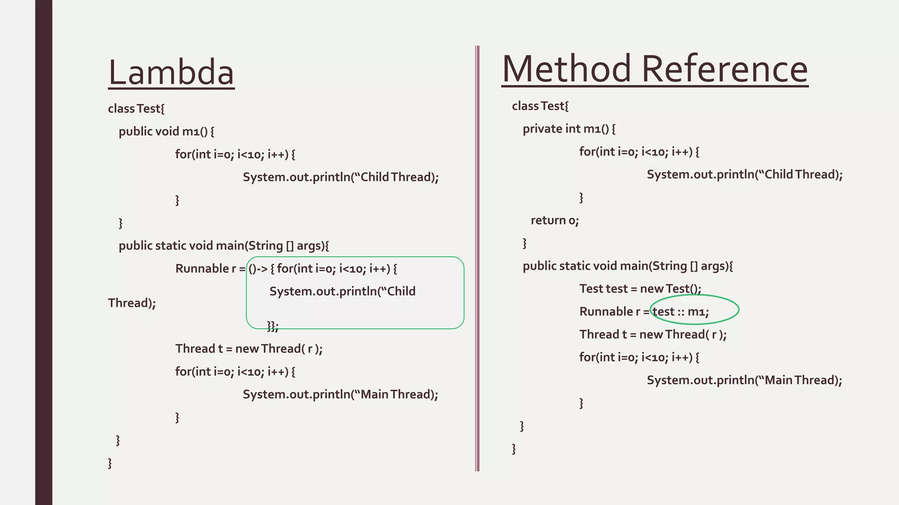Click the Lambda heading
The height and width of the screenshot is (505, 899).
[x=171, y=72]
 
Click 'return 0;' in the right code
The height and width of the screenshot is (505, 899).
[x=555, y=220]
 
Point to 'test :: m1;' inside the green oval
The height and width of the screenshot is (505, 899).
[x=681, y=312]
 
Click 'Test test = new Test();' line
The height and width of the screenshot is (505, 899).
[x=640, y=289]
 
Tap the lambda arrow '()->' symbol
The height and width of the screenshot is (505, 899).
[x=258, y=269]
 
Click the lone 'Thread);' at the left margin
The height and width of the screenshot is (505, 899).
[x=132, y=303]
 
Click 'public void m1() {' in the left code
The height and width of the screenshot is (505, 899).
[x=166, y=132]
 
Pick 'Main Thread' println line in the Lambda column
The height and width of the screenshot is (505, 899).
[x=340, y=395]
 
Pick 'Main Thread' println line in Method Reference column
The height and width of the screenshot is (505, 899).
[x=744, y=380]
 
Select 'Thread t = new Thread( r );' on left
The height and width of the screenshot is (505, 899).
[x=249, y=349]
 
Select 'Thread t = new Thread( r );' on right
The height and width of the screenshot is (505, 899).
[x=653, y=334]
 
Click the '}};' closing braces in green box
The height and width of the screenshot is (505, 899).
[x=273, y=326]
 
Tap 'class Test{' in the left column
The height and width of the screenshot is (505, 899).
[x=136, y=109]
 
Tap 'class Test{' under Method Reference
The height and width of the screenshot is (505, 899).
[x=540, y=106]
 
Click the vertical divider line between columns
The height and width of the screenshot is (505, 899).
[x=477, y=259]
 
